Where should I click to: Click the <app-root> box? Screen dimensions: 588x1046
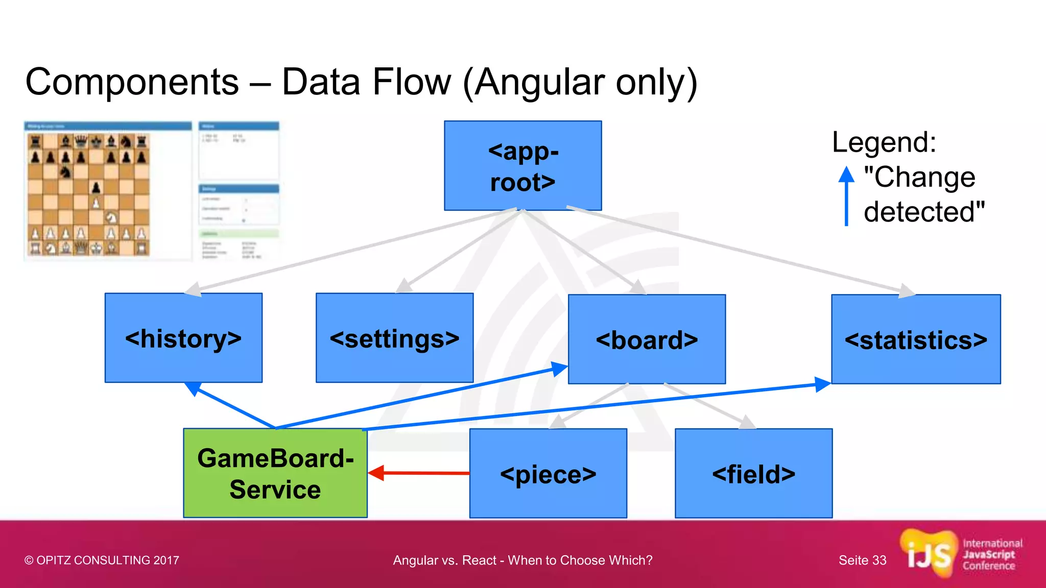click(522, 165)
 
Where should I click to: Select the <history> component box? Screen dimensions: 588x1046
click(183, 337)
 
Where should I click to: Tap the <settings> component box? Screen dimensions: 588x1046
click(394, 337)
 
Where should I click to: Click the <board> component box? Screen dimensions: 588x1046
click(647, 339)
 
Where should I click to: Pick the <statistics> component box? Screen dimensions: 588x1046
click(915, 339)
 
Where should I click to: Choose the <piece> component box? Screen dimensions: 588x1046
click(548, 473)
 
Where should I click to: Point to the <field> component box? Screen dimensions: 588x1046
click(753, 473)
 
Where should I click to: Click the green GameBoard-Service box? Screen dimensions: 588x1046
click(275, 473)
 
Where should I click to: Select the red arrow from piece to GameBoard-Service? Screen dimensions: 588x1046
click(419, 473)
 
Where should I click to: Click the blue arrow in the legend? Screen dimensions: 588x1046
click(846, 197)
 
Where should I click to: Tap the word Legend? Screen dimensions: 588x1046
click(884, 142)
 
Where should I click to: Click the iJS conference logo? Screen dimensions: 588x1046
click(960, 555)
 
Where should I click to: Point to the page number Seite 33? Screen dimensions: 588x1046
click(862, 560)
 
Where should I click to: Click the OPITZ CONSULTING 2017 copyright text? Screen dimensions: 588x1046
click(102, 560)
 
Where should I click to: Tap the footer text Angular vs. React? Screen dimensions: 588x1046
click(522, 560)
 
